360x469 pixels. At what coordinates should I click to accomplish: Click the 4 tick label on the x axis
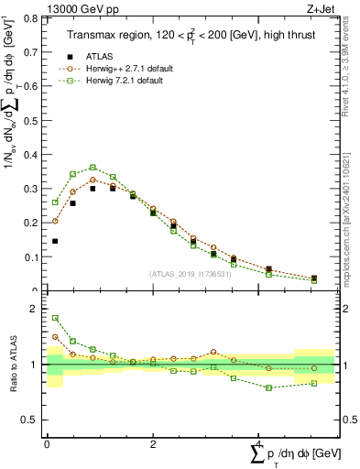point(259,446)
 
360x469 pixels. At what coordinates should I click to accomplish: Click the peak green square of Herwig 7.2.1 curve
point(93,168)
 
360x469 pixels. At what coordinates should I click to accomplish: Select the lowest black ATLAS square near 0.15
point(55,241)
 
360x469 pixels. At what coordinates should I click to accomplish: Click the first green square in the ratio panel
point(55,318)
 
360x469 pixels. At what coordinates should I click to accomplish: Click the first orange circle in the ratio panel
point(55,336)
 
